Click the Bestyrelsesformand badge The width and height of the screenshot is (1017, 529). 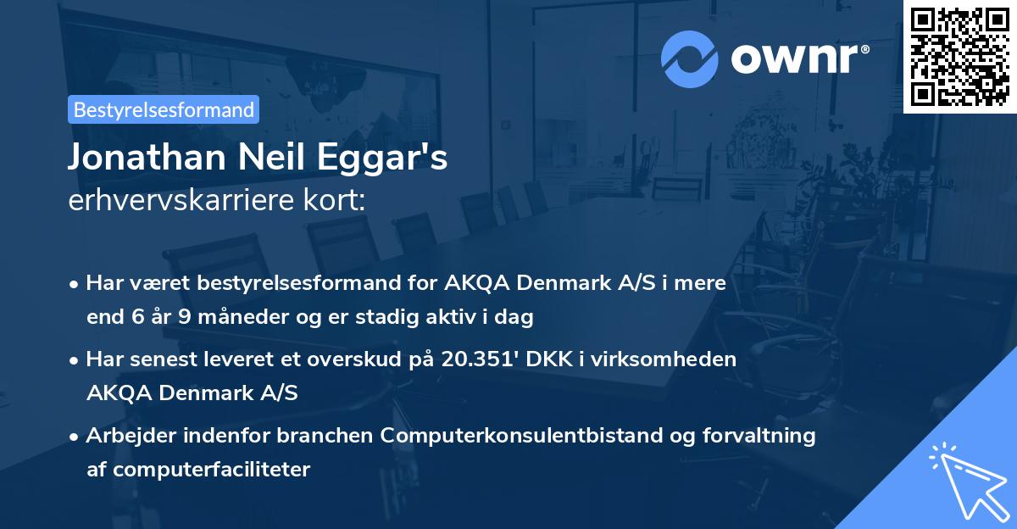(x=164, y=109)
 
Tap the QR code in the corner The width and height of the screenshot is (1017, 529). (x=960, y=56)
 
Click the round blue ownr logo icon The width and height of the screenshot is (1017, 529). (x=690, y=58)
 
